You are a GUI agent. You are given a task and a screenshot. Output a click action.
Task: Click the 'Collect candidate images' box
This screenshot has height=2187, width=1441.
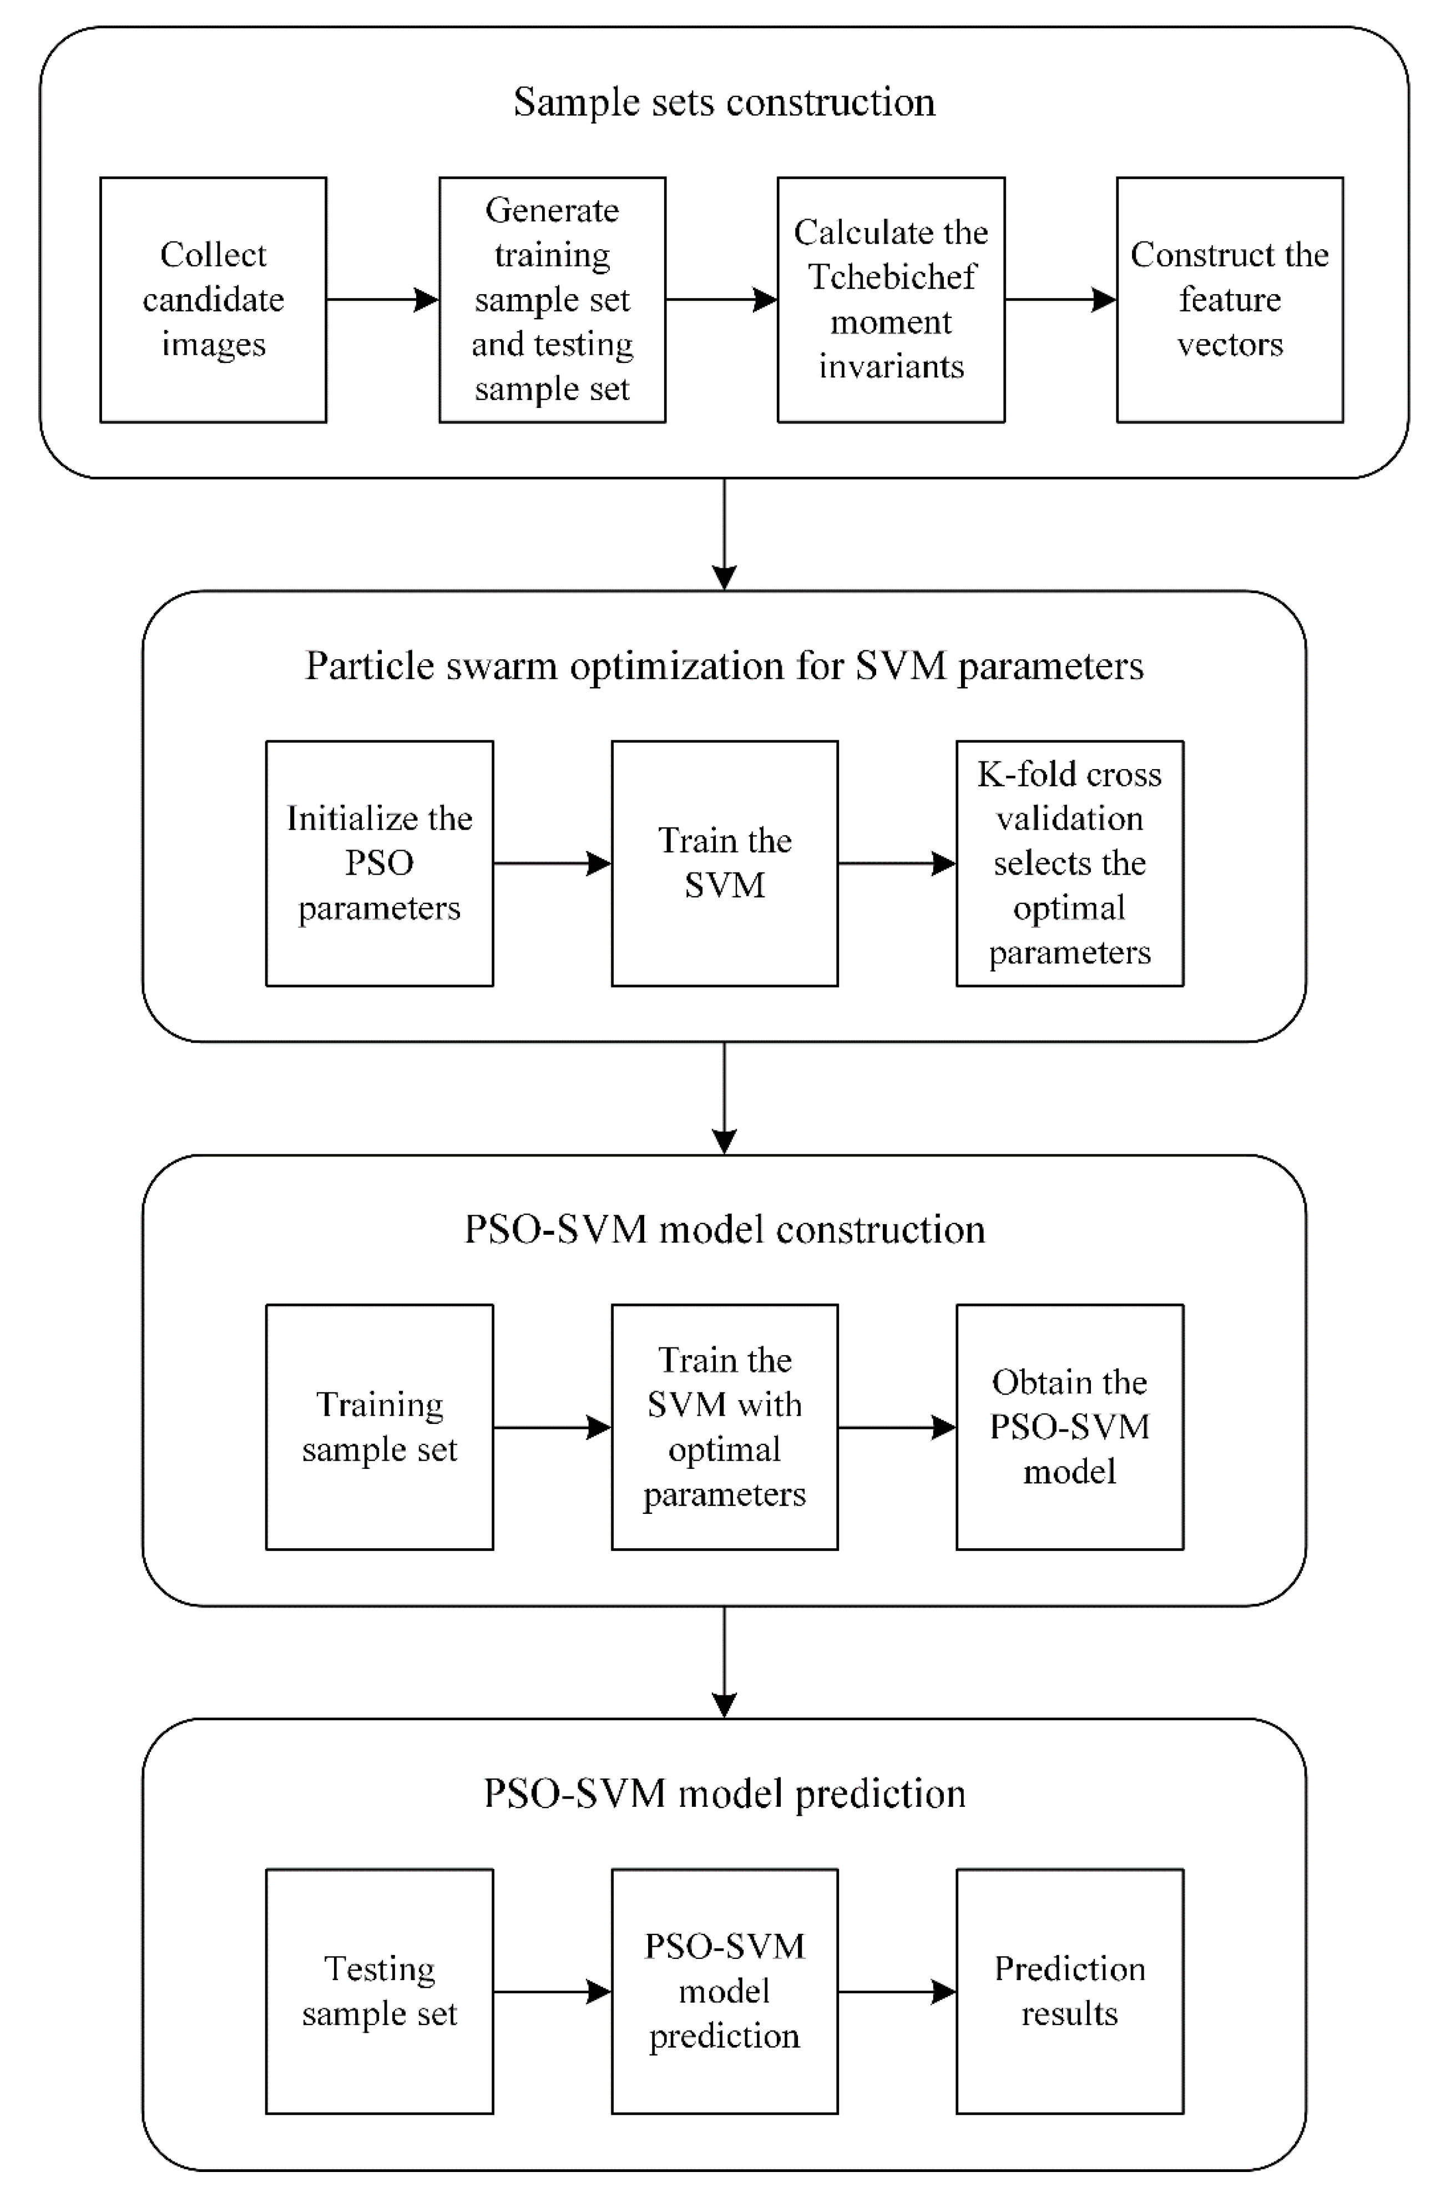tap(213, 300)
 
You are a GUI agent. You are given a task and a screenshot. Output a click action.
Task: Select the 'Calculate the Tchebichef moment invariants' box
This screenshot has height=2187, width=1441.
tap(891, 300)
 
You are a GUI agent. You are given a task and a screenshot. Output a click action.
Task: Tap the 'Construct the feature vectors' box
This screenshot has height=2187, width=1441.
tap(1230, 300)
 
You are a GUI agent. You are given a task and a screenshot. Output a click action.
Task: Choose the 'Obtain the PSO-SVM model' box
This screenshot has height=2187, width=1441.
tap(1070, 1427)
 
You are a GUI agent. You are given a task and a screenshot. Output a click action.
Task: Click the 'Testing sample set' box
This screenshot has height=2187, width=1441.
tap(380, 1991)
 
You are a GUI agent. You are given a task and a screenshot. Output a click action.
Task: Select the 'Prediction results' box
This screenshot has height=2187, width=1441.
tap(1070, 1991)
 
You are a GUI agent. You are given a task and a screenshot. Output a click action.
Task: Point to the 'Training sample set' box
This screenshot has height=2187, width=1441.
tap(380, 1427)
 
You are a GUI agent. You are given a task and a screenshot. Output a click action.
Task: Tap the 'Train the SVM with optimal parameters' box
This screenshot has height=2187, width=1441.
tap(724, 1427)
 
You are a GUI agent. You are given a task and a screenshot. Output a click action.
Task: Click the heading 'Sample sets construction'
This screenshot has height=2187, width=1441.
tap(724, 101)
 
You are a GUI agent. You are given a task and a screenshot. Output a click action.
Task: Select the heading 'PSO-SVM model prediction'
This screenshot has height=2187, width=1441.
tap(724, 1794)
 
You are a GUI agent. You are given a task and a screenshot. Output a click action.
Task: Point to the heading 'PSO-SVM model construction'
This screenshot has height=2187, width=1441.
tap(724, 1230)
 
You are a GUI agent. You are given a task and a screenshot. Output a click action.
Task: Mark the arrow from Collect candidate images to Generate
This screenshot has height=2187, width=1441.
tap(382, 300)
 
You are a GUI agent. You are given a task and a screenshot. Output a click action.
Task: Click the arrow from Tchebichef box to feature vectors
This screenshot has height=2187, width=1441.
tap(1060, 300)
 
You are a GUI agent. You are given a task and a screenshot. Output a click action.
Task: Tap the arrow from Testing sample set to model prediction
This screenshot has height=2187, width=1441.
tap(552, 1991)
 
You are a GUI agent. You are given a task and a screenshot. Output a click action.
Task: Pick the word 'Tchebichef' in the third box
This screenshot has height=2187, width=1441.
tap(892, 276)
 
